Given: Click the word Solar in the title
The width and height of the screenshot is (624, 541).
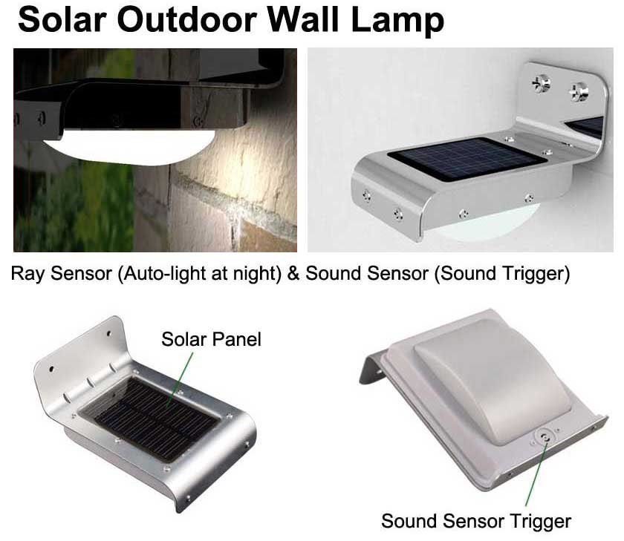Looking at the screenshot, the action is click(62, 20).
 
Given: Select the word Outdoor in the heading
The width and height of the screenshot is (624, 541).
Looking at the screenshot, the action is click(187, 20).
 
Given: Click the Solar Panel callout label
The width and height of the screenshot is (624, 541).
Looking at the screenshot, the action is click(211, 339).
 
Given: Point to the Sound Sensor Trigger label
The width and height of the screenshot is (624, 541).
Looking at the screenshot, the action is click(476, 521).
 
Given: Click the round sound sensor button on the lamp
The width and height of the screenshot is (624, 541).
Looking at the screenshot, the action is click(545, 438).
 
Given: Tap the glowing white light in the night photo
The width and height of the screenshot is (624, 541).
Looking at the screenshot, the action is click(129, 147).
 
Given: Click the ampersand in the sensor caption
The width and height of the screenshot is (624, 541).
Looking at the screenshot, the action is click(293, 274).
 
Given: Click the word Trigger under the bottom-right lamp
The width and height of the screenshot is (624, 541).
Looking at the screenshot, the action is click(541, 522).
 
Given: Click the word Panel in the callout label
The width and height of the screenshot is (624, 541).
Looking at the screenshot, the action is click(236, 339).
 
